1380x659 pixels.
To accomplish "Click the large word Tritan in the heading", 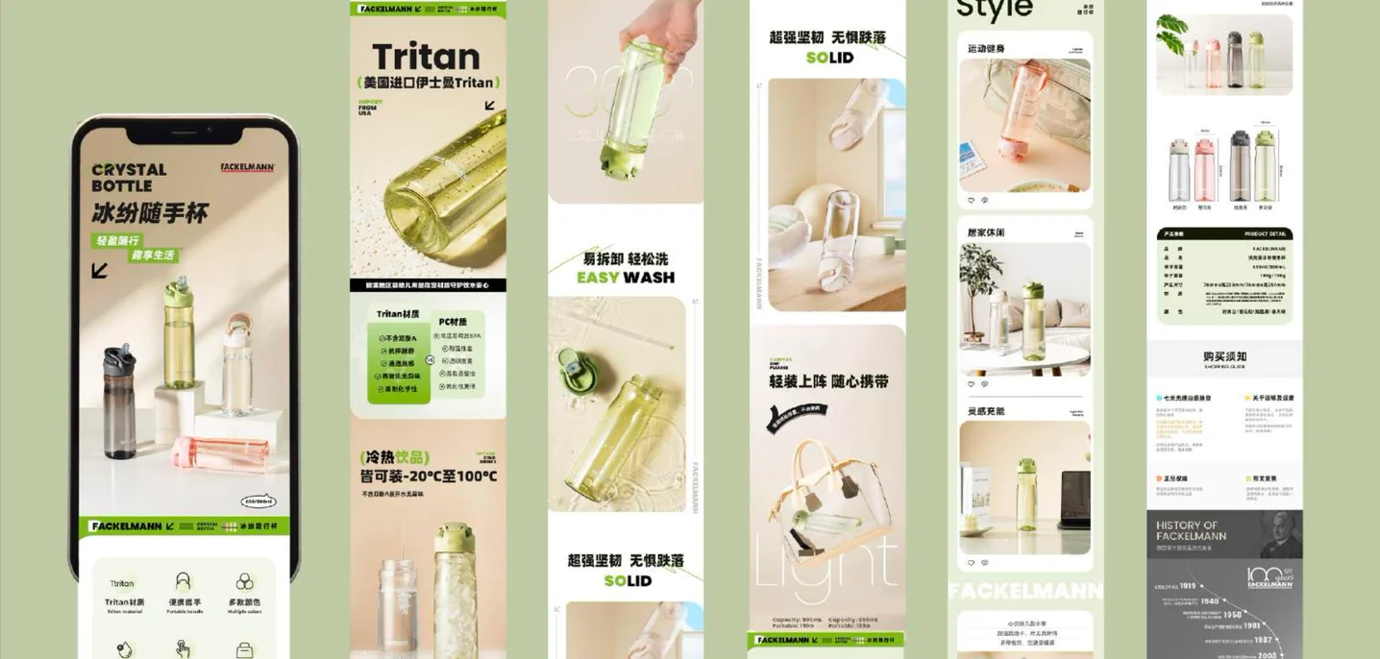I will click(426, 57).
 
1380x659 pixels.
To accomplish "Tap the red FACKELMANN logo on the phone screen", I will click(248, 167).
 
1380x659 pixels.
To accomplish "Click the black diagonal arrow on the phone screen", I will click(100, 271).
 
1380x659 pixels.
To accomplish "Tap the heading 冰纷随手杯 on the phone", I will click(149, 212).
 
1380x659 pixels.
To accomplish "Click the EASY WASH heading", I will click(626, 278).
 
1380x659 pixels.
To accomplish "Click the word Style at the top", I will click(994, 10).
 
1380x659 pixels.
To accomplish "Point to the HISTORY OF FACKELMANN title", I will click(1192, 530).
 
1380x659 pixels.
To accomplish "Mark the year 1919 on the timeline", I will click(1188, 585).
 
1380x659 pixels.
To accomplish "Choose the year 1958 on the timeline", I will click(1232, 614).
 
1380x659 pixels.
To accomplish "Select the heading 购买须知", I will click(1223, 356).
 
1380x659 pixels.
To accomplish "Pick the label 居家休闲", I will click(985, 232).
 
